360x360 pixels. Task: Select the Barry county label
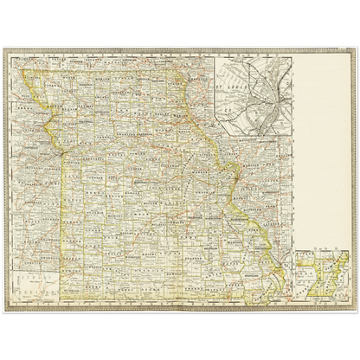[100, 286]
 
